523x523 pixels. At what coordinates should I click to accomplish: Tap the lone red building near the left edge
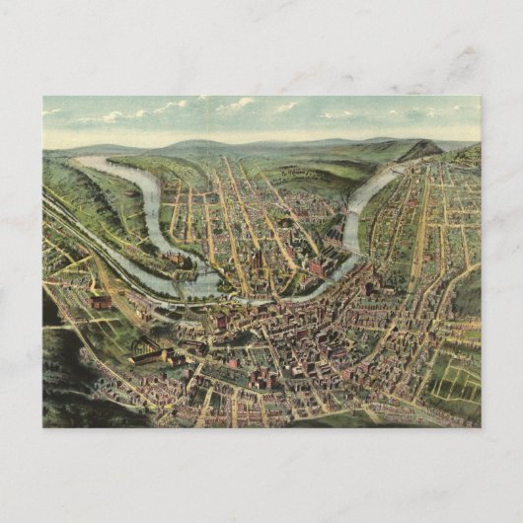pos(101,302)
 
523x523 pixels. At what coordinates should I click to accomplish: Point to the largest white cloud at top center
pos(237,104)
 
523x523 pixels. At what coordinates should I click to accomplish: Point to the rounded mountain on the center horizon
pos(197,144)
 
